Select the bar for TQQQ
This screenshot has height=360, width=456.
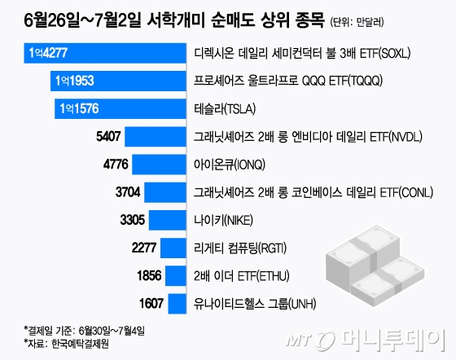(x=118, y=81)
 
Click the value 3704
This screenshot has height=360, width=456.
(x=131, y=191)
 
